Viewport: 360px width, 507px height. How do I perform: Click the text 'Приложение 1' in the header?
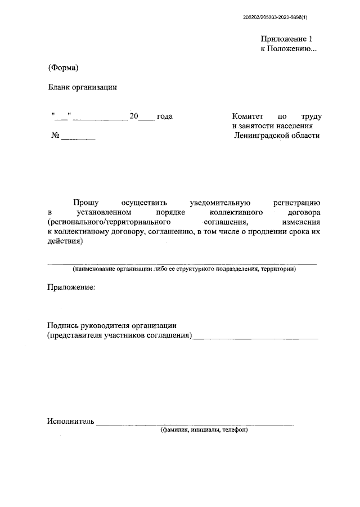286,39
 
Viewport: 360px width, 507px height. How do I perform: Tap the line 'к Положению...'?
289,49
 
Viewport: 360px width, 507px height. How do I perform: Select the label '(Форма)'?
62,68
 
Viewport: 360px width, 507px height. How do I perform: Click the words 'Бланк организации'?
82,87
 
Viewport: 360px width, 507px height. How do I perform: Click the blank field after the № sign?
78,138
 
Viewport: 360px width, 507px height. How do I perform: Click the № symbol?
55,136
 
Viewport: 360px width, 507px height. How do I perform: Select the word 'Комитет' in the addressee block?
247,116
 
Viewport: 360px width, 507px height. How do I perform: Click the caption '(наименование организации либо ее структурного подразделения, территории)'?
184,269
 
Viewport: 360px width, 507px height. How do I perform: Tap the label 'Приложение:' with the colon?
71,288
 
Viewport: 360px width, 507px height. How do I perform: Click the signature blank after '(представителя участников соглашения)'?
255,338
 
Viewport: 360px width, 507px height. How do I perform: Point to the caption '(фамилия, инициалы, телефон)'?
204,430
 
